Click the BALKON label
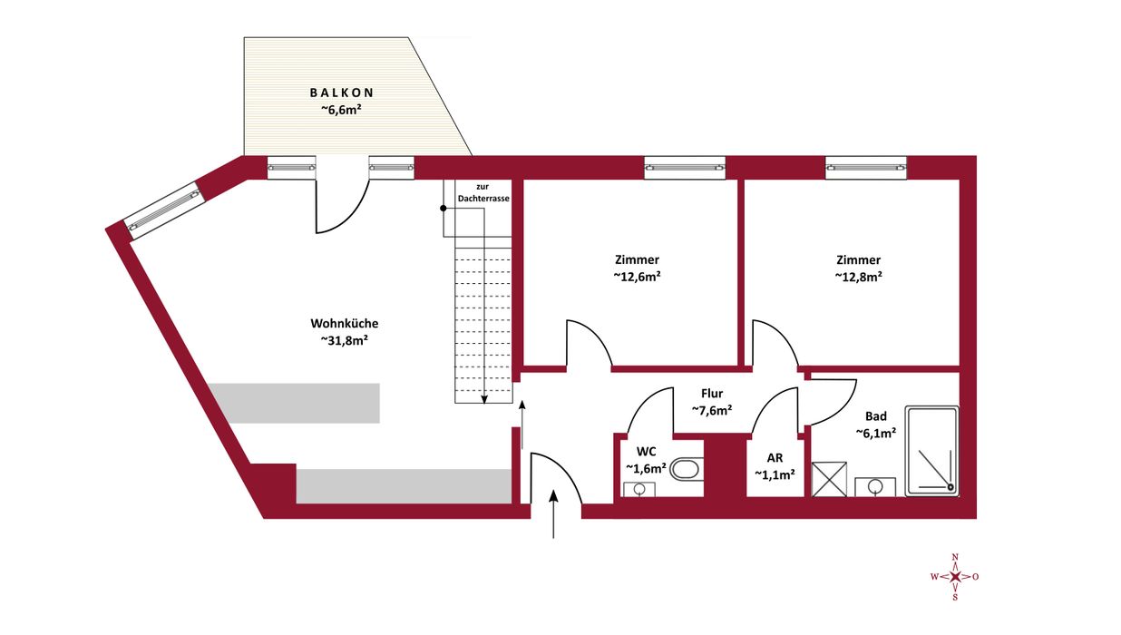[x=342, y=93]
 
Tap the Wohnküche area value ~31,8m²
[x=345, y=340]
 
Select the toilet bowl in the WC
[x=685, y=469]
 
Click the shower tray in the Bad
[x=931, y=451]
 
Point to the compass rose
[x=955, y=577]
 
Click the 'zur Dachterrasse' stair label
[x=483, y=192]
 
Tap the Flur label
[x=712, y=394]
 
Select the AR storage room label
[x=775, y=458]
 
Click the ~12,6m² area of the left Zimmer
[x=637, y=276]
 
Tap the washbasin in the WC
[x=639, y=489]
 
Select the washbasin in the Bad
[x=875, y=487]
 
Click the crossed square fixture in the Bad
[x=829, y=479]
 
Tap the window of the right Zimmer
[x=866, y=168]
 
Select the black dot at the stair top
[x=444, y=208]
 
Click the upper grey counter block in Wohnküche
[x=295, y=404]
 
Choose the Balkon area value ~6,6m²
[x=341, y=110]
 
